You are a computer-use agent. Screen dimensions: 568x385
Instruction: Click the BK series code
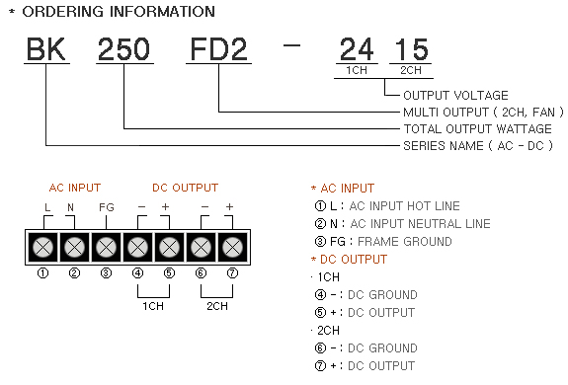coord(46,49)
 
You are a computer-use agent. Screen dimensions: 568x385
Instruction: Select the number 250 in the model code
coord(123,49)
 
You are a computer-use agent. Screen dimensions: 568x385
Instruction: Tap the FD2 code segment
coord(218,49)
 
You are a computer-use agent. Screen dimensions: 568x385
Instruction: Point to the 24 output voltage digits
coord(357,49)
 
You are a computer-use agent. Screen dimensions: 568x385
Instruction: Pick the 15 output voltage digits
coord(412,49)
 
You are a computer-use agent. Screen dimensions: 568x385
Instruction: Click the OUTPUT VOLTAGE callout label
coord(455,96)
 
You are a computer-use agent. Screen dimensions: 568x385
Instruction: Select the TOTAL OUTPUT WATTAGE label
coord(478,128)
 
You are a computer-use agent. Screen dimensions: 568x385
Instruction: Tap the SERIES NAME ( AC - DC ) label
coord(478,146)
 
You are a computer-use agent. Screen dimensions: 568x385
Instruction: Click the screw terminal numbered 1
coord(42,248)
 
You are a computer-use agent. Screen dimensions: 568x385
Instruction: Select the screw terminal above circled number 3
coord(106,248)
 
